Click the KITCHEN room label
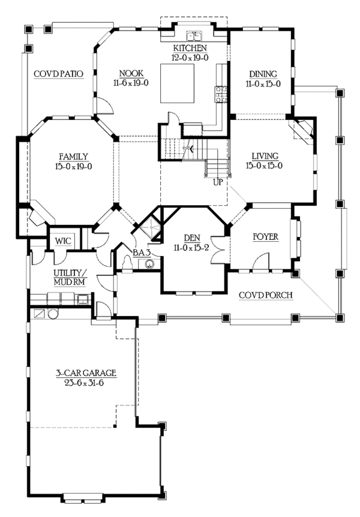tap(190, 47)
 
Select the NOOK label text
tap(130, 74)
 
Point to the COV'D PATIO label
tap(58, 74)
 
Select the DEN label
tap(191, 237)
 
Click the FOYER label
tap(265, 237)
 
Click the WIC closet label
tap(63, 241)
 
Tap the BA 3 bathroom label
tap(142, 253)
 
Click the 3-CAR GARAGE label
tap(83, 373)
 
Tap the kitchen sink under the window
tap(193, 35)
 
